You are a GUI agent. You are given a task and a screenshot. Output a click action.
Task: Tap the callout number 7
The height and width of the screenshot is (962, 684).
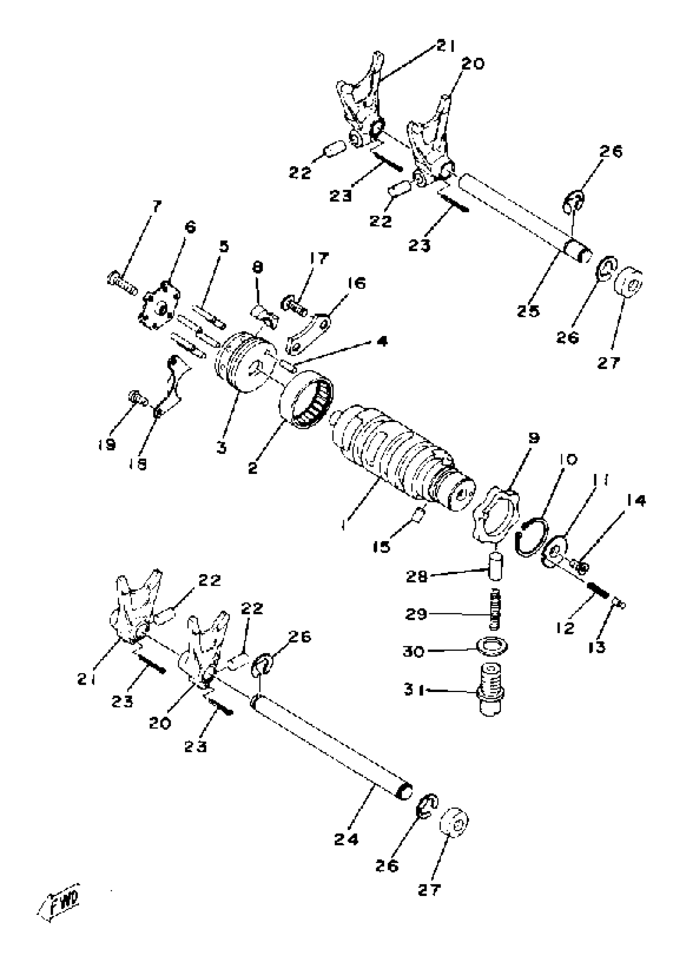pyautogui.click(x=156, y=206)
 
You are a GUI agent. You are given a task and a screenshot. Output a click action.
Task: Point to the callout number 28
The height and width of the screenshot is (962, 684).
pyautogui.click(x=417, y=576)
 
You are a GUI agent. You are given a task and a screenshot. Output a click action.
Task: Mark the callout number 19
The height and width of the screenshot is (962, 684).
pyautogui.click(x=107, y=444)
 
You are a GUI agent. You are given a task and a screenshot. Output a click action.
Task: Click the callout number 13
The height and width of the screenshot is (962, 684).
pyautogui.click(x=597, y=647)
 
